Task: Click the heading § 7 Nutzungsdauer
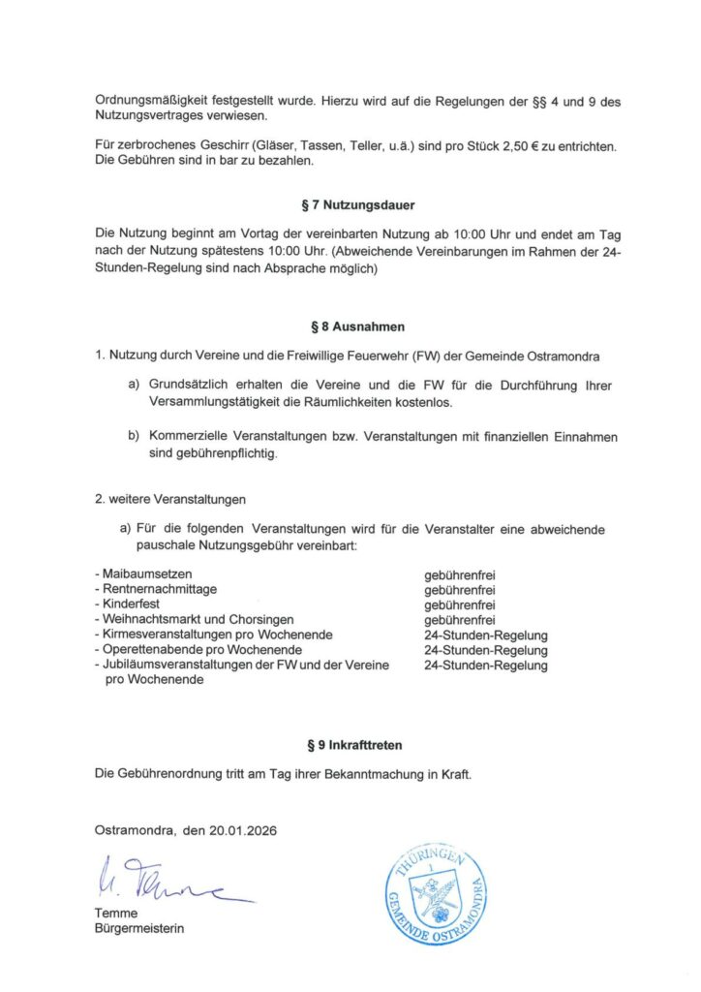350,206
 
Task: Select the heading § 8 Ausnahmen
350,327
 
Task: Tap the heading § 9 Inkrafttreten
350,746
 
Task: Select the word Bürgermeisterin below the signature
138,929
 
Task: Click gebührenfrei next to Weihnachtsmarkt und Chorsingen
460,620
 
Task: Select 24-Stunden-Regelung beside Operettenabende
485,650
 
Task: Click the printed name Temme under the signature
116,914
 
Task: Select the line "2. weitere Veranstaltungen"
170,500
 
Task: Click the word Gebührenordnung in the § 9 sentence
169,775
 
